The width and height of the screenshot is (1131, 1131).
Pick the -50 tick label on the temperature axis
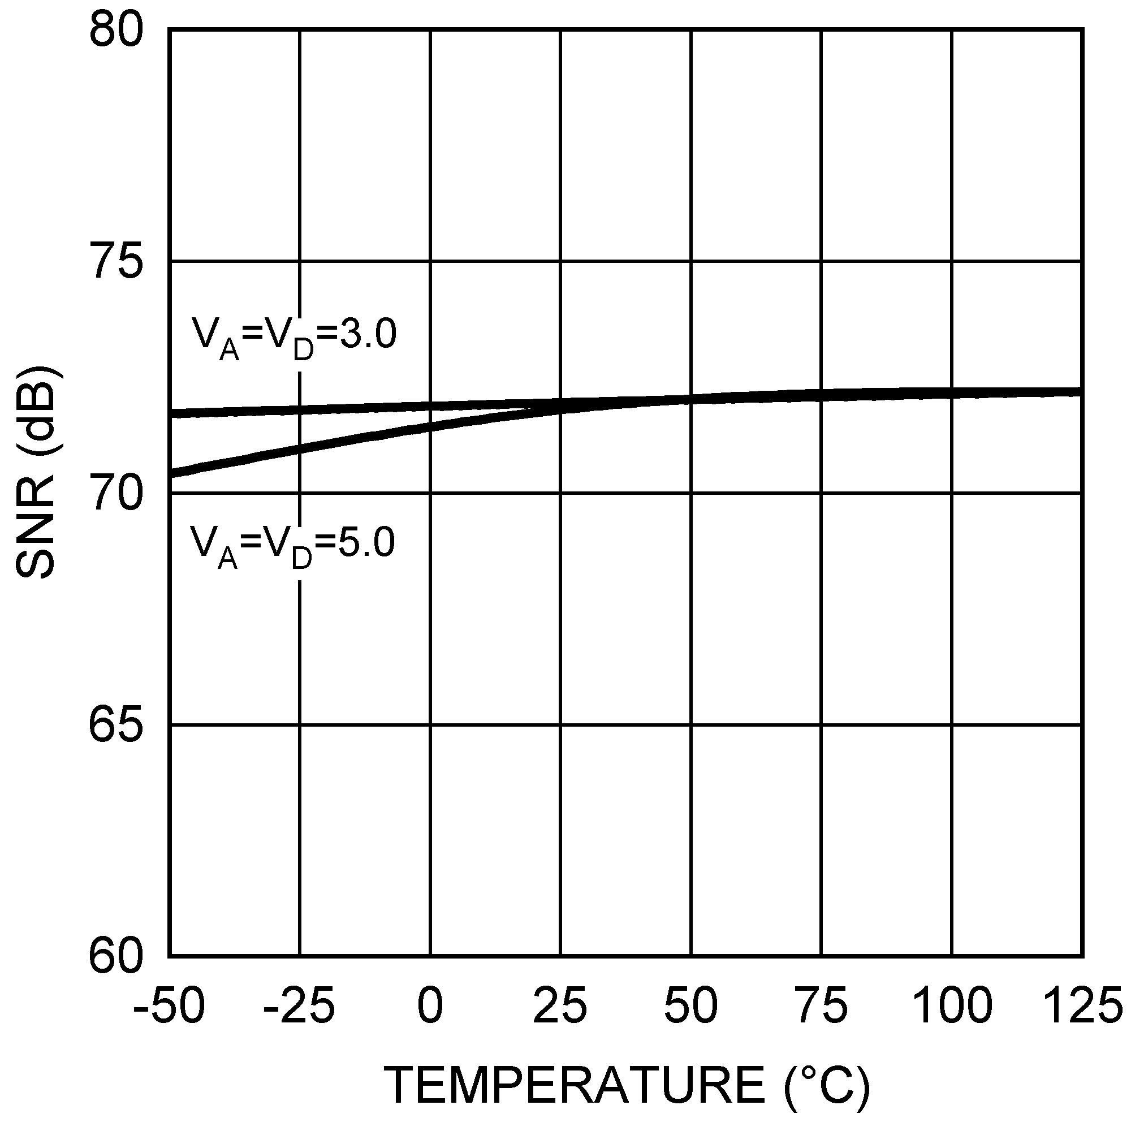coord(169,1005)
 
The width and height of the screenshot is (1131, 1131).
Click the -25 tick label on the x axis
coord(299,1005)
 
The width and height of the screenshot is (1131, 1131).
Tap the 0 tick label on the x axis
coord(430,1005)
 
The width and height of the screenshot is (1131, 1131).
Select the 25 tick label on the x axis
coord(560,1005)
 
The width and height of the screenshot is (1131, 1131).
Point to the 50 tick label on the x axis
coord(691,1005)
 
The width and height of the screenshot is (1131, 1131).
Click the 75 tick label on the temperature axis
coord(821,1005)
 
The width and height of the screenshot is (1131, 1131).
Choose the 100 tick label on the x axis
coord(952,1005)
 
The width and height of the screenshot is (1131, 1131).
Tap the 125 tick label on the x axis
coord(1082,1005)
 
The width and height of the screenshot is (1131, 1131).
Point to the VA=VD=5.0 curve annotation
coord(293,546)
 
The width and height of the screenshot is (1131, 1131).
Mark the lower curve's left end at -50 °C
coord(171,472)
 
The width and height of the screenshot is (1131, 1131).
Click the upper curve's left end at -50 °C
coord(171,414)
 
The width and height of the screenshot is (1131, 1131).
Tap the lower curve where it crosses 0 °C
coord(430,428)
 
